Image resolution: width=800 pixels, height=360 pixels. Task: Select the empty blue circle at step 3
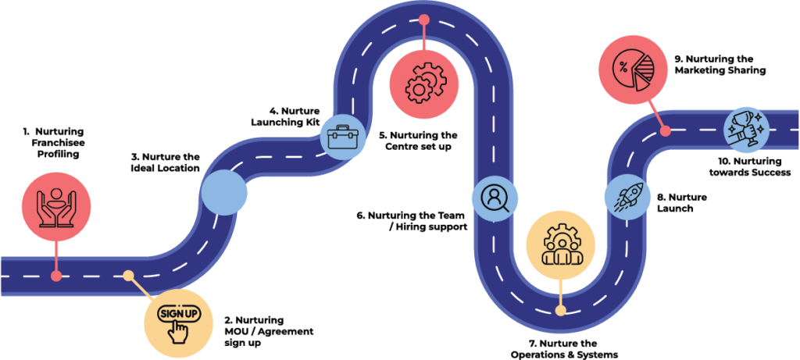pyautogui.click(x=224, y=193)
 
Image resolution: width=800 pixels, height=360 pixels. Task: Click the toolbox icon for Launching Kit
pyautogui.click(x=342, y=136)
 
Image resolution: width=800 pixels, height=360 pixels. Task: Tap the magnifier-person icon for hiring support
pyautogui.click(x=495, y=198)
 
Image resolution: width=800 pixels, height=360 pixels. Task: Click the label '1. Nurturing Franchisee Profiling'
pyautogui.click(x=52, y=142)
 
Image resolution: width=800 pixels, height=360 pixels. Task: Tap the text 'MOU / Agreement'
pyautogui.click(x=270, y=331)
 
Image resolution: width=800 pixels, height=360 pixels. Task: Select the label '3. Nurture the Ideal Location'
pyautogui.click(x=163, y=162)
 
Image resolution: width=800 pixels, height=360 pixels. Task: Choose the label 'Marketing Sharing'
pyautogui.click(x=720, y=71)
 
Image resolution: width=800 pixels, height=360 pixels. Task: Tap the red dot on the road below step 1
pyautogui.click(x=56, y=276)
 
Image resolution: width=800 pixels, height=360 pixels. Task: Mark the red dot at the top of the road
pyautogui.click(x=424, y=20)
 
